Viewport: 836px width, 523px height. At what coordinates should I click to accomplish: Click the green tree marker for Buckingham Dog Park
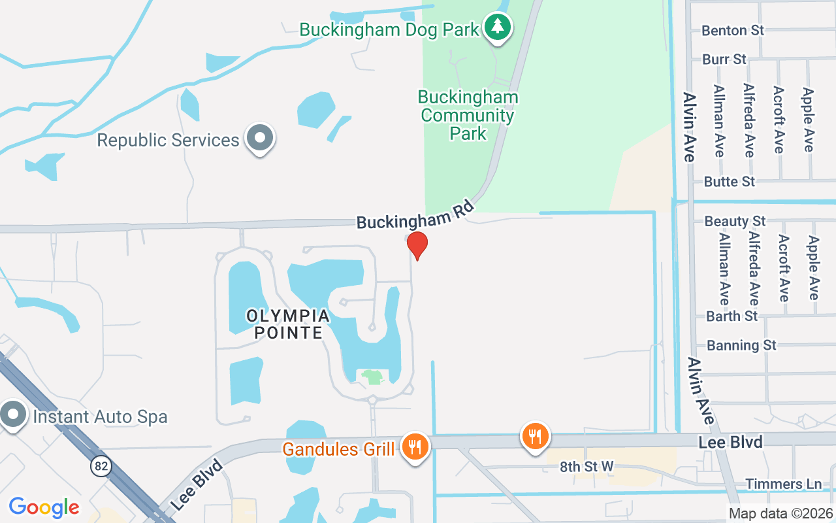pyautogui.click(x=498, y=27)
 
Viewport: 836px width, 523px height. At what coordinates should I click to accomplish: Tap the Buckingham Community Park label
pyautogui.click(x=468, y=116)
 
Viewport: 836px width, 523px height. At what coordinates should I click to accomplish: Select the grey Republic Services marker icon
pyautogui.click(x=260, y=139)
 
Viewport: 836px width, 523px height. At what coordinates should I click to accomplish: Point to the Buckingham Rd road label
pyautogui.click(x=414, y=214)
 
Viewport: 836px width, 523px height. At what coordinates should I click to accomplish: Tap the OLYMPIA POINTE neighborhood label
pyautogui.click(x=287, y=324)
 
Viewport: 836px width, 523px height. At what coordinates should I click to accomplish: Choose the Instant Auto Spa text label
pyautogui.click(x=100, y=416)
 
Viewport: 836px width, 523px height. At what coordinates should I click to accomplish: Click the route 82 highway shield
pyautogui.click(x=101, y=466)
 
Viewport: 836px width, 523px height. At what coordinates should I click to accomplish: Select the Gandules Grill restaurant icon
pyautogui.click(x=415, y=447)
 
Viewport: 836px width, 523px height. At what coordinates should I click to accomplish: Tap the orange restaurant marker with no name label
pyautogui.click(x=535, y=435)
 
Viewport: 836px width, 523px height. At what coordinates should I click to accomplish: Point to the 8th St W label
pyautogui.click(x=587, y=466)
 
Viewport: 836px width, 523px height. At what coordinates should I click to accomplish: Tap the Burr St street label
pyautogui.click(x=724, y=59)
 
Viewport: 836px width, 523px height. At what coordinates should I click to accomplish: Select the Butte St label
pyautogui.click(x=729, y=182)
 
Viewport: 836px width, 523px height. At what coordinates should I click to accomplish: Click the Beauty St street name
pyautogui.click(x=735, y=222)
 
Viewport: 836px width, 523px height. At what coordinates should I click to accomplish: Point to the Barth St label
pyautogui.click(x=731, y=316)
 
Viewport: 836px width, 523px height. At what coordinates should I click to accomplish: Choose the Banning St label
pyautogui.click(x=741, y=345)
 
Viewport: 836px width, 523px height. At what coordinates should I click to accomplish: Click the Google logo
pyautogui.click(x=44, y=507)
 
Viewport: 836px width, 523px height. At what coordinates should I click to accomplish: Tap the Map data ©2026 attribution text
pyautogui.click(x=780, y=514)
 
